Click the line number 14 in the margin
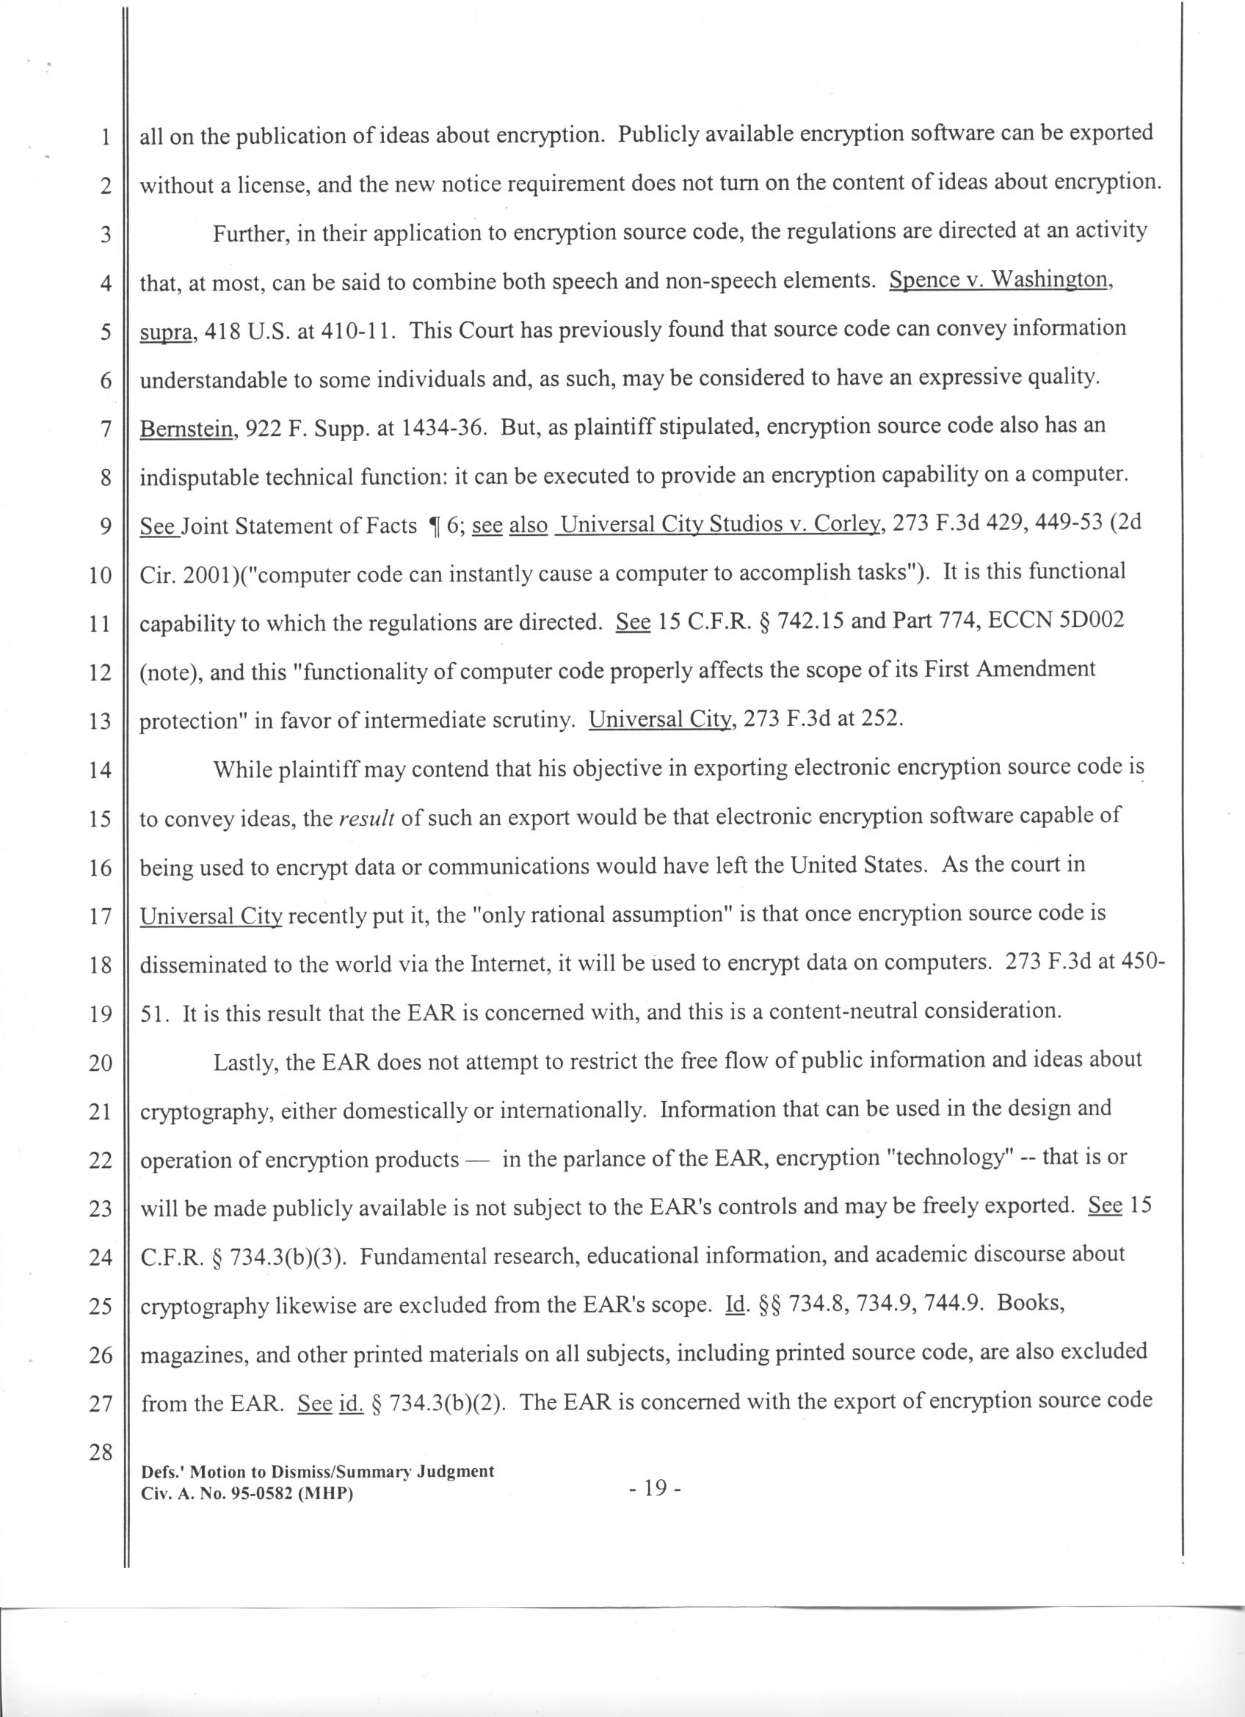(100, 772)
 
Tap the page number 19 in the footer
(656, 1489)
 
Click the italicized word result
(366, 819)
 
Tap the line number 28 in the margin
(100, 1453)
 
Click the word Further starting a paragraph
(248, 234)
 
